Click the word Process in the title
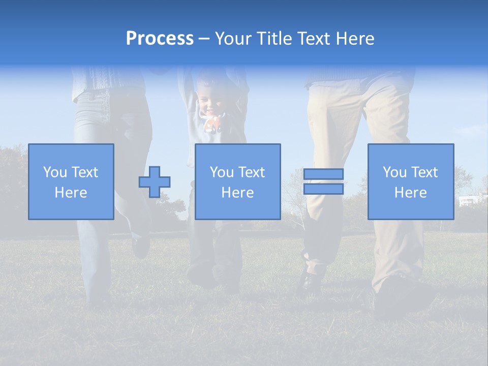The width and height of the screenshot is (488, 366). (x=160, y=39)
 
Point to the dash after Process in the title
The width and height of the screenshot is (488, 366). (x=204, y=39)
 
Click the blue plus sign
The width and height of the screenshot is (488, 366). (x=155, y=181)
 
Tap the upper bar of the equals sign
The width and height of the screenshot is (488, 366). (x=323, y=174)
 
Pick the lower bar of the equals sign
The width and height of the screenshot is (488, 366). (x=323, y=189)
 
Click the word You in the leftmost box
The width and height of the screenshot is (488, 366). (x=55, y=172)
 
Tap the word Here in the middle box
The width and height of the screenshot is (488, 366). (x=238, y=193)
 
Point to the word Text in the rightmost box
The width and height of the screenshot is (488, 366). (x=424, y=172)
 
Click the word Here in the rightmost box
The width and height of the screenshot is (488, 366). (x=411, y=193)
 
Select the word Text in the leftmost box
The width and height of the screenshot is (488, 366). (x=85, y=172)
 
